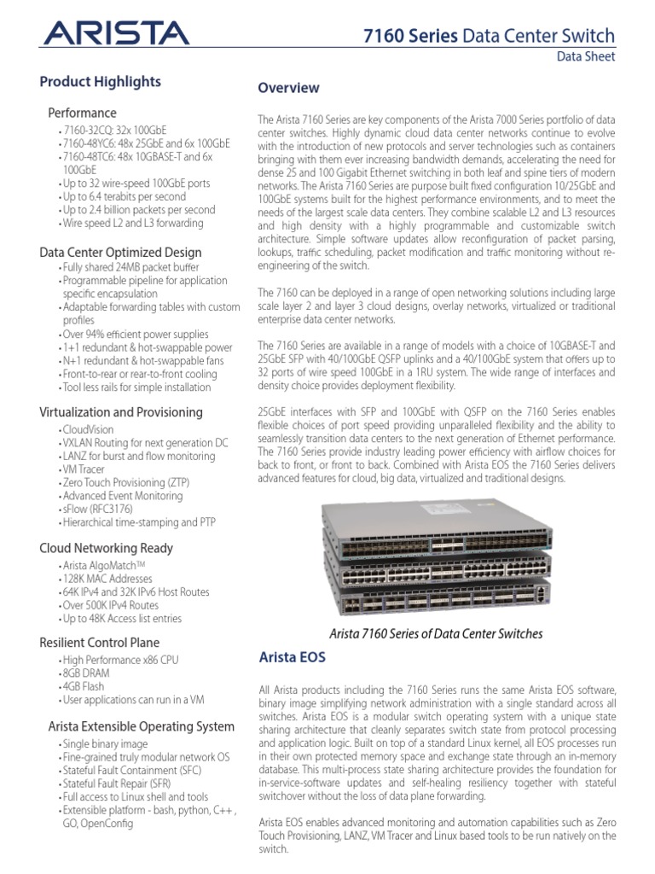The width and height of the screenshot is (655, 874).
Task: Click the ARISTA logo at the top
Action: pyautogui.click(x=116, y=33)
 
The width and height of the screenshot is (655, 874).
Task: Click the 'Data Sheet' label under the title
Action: pyautogui.click(x=585, y=57)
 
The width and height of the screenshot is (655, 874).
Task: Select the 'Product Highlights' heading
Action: pyautogui.click(x=101, y=82)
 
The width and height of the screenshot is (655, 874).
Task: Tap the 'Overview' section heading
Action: pyautogui.click(x=289, y=88)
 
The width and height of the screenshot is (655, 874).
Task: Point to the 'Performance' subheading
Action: pyautogui.click(x=82, y=113)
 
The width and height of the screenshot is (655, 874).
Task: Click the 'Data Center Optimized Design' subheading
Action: pyautogui.click(x=121, y=252)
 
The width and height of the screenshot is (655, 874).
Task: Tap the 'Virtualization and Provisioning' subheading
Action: pyautogui.click(x=121, y=412)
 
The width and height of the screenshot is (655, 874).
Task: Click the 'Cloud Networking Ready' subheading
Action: pyautogui.click(x=107, y=548)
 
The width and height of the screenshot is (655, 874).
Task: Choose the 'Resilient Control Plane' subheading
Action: pyautogui.click(x=100, y=642)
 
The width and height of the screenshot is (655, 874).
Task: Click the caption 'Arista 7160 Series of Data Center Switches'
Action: pyautogui.click(x=436, y=634)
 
